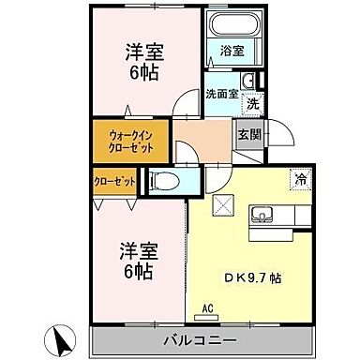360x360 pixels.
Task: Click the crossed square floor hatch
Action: pos(224,206)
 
